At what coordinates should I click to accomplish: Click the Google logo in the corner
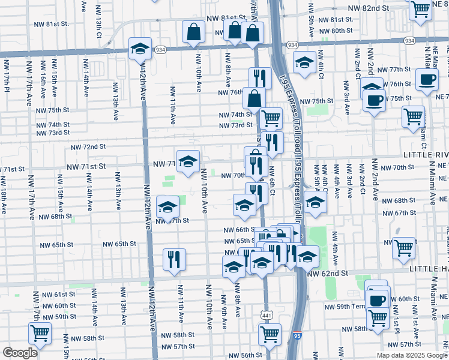(20, 353)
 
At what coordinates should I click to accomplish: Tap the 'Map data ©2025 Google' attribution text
(412, 355)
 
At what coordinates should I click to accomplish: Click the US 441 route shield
(266, 314)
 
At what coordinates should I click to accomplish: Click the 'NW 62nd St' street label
(328, 273)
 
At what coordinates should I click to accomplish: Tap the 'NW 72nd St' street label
(88, 146)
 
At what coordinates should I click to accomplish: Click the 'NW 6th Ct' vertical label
(272, 180)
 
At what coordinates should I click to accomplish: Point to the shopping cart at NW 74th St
(271, 118)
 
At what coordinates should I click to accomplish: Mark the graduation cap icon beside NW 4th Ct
(304, 62)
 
